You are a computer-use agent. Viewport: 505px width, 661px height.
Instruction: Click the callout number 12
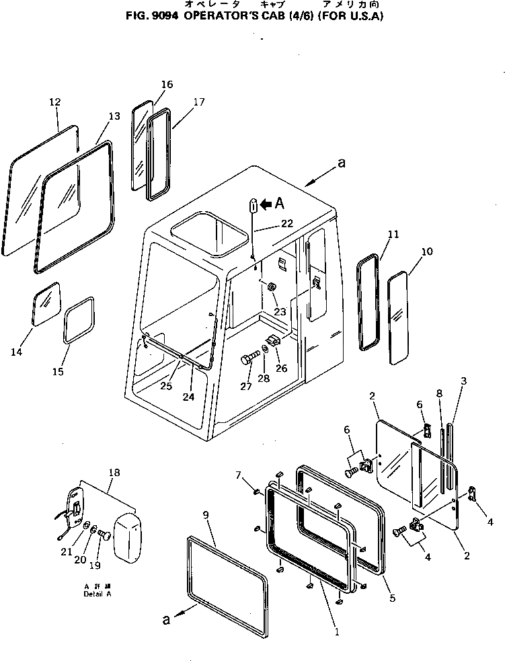55,102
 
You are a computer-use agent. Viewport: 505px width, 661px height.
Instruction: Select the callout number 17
198,102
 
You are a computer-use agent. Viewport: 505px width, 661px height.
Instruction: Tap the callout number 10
428,252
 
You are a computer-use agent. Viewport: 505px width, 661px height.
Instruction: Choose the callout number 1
337,631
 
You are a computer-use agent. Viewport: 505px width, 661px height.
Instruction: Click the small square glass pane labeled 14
46,305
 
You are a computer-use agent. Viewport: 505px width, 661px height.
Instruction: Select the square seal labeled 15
79,322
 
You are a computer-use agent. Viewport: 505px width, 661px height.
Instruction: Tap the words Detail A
98,594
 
